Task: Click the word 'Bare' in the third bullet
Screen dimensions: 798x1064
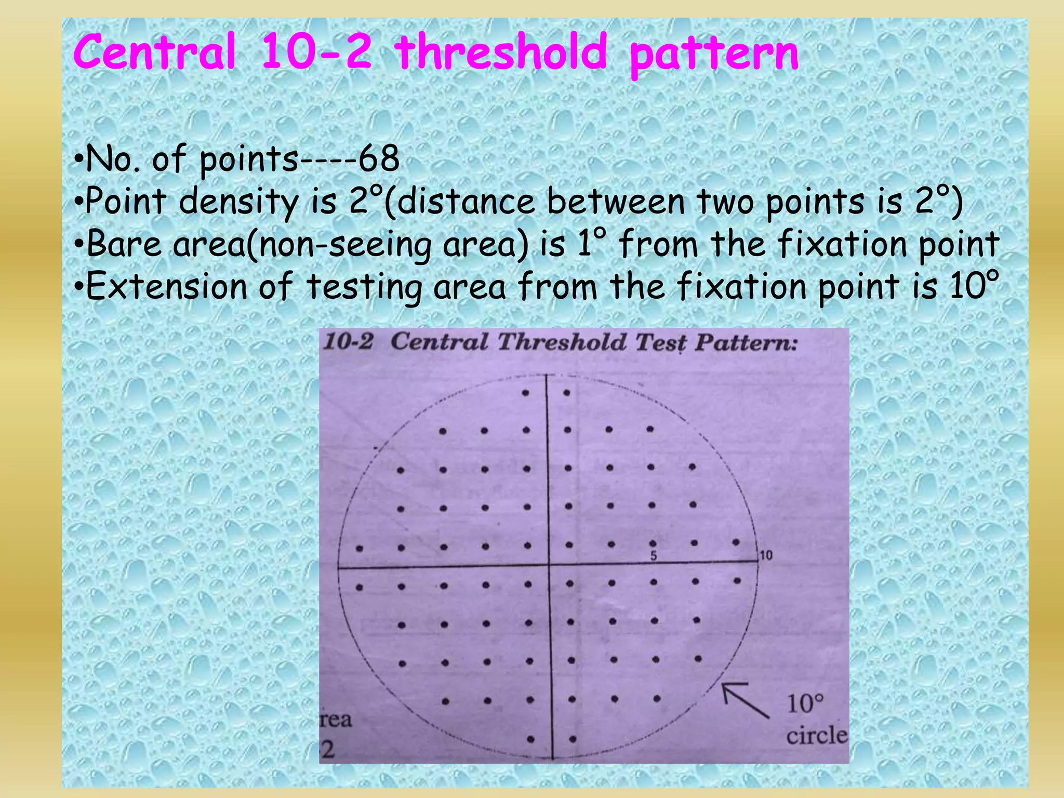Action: pos(124,244)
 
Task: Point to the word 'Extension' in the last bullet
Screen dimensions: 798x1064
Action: pos(166,286)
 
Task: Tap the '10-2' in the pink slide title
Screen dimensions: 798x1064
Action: pos(316,52)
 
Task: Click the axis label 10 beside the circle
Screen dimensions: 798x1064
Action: pos(766,556)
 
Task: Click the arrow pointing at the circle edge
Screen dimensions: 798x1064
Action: pos(744,701)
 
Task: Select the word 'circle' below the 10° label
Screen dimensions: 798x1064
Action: pos(816,736)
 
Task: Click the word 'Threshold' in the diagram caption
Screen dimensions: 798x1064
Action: pos(562,343)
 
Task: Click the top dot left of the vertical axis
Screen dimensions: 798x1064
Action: pos(525,393)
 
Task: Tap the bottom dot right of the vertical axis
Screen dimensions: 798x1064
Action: pos(572,738)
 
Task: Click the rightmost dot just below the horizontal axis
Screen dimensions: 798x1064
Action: pos(737,581)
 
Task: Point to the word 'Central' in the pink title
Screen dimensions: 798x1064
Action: pos(154,52)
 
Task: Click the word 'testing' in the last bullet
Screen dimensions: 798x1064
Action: pos(364,287)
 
